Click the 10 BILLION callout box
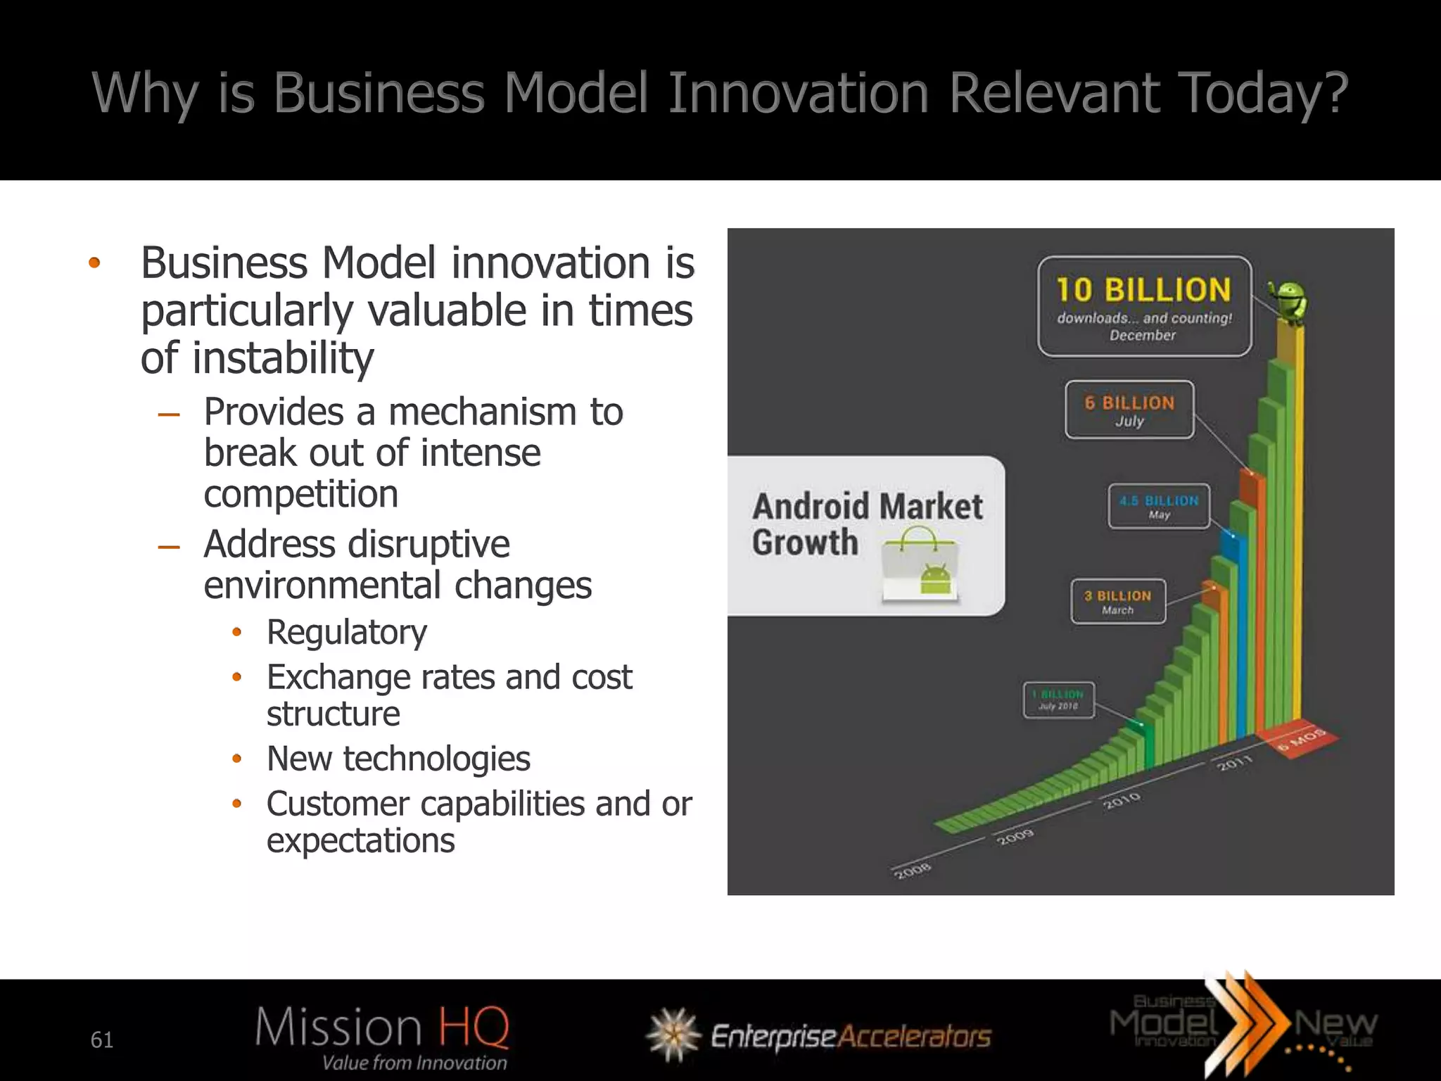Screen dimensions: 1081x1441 (x=1144, y=306)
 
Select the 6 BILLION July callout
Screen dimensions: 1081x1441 (x=1129, y=410)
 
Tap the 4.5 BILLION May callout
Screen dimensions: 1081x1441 (x=1159, y=506)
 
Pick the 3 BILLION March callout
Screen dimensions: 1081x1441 (x=1118, y=602)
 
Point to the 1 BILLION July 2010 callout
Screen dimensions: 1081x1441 (x=1059, y=700)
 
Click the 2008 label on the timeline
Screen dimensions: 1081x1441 (x=913, y=871)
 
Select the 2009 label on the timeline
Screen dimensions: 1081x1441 (x=1015, y=837)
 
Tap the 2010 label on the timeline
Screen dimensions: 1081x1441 (x=1122, y=800)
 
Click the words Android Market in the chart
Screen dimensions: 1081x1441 (x=867, y=507)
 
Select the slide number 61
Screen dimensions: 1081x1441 (x=102, y=1039)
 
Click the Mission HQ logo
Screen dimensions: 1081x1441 (x=382, y=1036)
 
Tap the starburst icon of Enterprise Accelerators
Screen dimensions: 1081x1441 (x=673, y=1035)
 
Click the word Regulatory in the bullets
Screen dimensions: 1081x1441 (x=346, y=632)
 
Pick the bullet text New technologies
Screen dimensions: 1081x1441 (x=398, y=759)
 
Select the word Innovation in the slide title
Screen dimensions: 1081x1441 (x=798, y=93)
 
